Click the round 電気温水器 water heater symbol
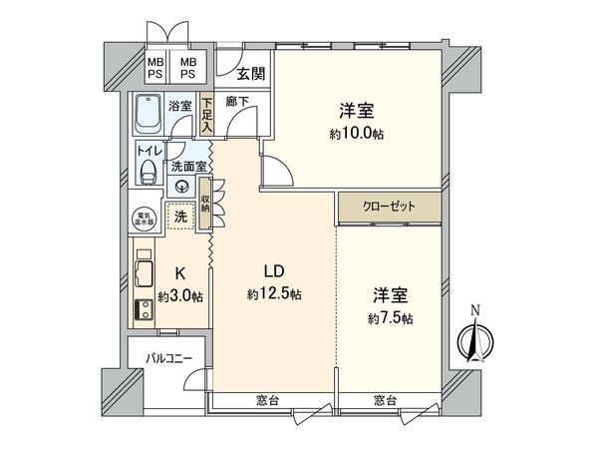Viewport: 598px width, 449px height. [x=145, y=219]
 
